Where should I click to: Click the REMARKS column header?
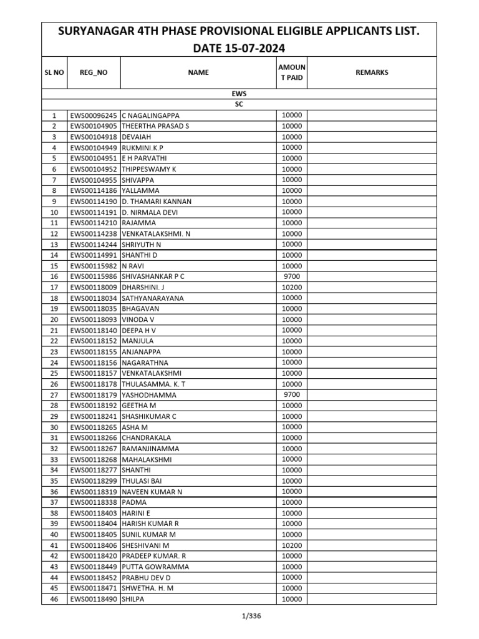coord(372,72)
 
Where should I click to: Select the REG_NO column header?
coord(94,72)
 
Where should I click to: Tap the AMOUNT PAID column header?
coord(291,72)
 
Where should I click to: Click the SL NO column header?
coord(54,72)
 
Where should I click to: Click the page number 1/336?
coord(239,617)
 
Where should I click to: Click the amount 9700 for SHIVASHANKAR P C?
coord(291,276)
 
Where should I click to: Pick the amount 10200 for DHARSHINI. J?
coord(291,287)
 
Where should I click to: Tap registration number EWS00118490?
coord(94,599)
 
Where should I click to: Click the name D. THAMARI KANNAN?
coord(157,202)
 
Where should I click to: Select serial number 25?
coord(54,373)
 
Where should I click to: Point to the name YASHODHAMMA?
coord(149,395)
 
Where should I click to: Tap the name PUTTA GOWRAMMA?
coord(155,567)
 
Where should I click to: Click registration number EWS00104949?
coord(94,148)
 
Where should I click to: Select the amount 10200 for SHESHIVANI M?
coord(291,545)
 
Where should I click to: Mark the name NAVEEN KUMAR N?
coord(152,492)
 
